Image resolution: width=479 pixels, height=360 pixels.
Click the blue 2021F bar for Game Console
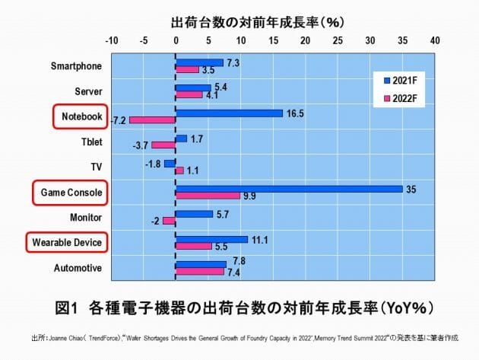(x=289, y=189)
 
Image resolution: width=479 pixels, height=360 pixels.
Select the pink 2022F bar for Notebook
(x=153, y=119)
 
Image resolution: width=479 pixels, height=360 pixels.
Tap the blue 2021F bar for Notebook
(x=229, y=113)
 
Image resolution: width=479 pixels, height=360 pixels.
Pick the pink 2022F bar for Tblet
(x=163, y=145)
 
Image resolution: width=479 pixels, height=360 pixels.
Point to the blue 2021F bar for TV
(x=170, y=163)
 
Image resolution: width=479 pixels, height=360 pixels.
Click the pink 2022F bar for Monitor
(x=169, y=221)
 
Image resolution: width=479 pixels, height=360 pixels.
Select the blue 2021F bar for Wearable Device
(x=211, y=239)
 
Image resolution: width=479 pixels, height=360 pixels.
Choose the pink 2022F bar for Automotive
(x=199, y=271)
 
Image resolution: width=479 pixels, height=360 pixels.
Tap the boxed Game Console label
(x=69, y=192)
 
